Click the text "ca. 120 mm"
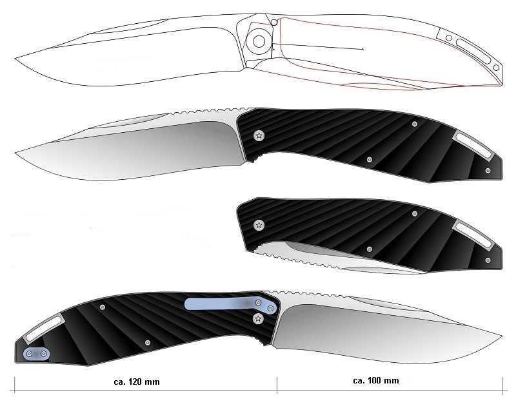pyautogui.click(x=137, y=382)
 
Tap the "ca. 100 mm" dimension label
pyautogui.click(x=376, y=381)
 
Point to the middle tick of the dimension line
pyautogui.click(x=277, y=385)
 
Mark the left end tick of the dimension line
pyautogui.click(x=15, y=385)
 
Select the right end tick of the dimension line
pyautogui.click(x=502, y=385)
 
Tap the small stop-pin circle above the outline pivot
pyautogui.click(x=273, y=23)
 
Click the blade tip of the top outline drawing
pyautogui.click(x=15, y=59)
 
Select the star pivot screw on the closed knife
pyautogui.click(x=259, y=225)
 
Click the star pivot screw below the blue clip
pyautogui.click(x=259, y=318)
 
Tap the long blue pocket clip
pyautogui.click(x=230, y=304)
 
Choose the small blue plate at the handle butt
pyautogui.click(x=36, y=354)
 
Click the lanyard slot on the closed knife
pyautogui.click(x=472, y=234)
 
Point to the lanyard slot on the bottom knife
pyautogui.click(x=44, y=329)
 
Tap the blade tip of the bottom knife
pyautogui.click(x=502, y=336)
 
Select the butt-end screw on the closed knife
pyautogui.click(x=488, y=260)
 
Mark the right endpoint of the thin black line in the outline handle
pyautogui.click(x=362, y=50)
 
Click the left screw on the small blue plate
pyautogui.click(x=29, y=354)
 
